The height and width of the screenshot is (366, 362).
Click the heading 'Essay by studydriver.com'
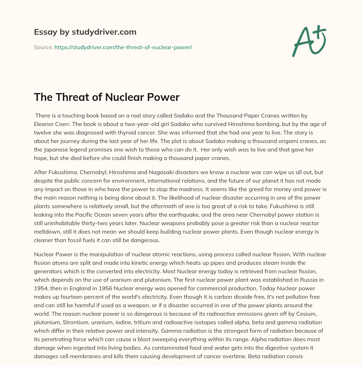pos(85,32)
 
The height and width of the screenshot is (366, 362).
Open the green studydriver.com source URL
pos(123,47)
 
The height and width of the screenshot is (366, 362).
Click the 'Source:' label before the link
pos(43,47)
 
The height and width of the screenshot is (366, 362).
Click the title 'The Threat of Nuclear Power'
pos(107,97)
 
